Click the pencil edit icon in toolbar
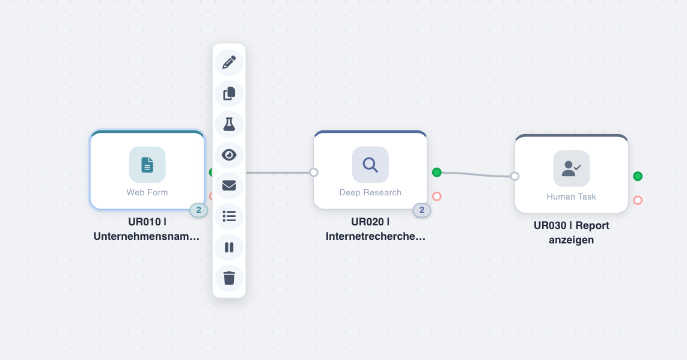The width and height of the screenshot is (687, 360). [229, 63]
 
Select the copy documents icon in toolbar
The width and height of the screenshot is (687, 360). [229, 94]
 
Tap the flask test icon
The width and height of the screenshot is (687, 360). [229, 124]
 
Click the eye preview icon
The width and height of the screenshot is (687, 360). [229, 155]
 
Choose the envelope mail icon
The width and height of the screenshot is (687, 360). [229, 185]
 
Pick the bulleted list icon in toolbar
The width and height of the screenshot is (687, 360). [229, 216]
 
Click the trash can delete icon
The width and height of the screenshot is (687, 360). [229, 278]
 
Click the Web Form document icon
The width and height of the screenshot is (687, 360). [147, 164]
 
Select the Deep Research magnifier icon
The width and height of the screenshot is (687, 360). [370, 164]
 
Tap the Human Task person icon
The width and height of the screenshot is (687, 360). [571, 168]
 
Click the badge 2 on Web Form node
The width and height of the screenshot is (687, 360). [198, 210]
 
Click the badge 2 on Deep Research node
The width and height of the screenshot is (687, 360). [421, 210]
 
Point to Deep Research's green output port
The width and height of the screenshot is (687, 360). [437, 172]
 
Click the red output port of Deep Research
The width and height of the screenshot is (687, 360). [437, 197]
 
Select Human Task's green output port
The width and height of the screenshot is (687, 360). [638, 176]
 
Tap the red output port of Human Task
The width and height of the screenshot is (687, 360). [638, 200]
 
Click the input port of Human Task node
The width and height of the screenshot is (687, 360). [514, 176]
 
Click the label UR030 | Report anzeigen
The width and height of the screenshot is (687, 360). [571, 233]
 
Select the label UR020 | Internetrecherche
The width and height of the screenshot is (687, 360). [375, 229]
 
